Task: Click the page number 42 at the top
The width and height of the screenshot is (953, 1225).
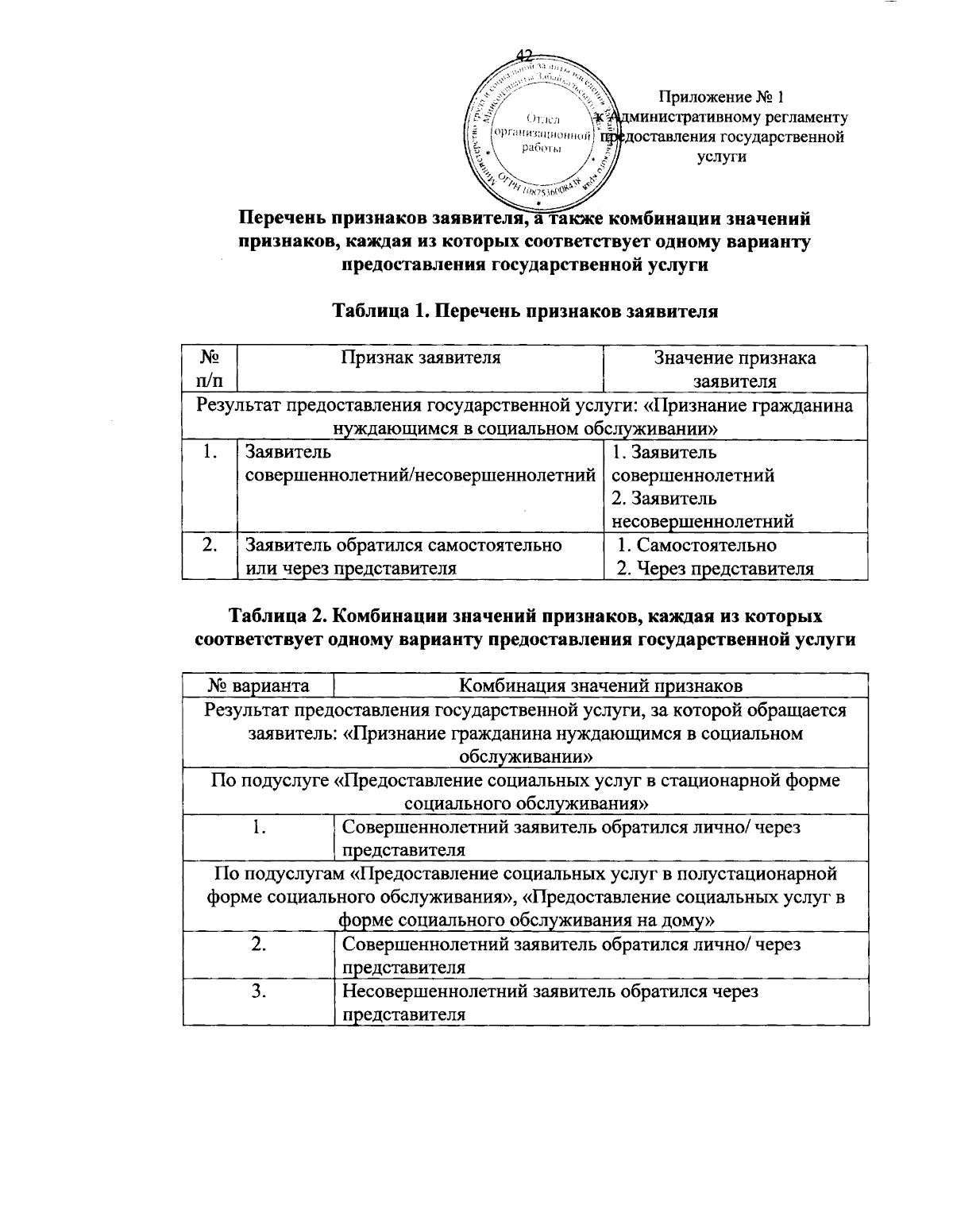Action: pyautogui.click(x=525, y=55)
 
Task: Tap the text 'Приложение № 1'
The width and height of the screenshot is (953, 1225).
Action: pyautogui.click(x=720, y=98)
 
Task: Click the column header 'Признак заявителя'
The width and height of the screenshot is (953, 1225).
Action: pyautogui.click(x=420, y=357)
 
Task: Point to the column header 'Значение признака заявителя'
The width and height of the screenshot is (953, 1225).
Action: pyautogui.click(x=735, y=369)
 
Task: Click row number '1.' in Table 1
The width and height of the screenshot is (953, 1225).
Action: pyautogui.click(x=210, y=454)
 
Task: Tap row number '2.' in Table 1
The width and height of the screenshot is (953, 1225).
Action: pyautogui.click(x=210, y=546)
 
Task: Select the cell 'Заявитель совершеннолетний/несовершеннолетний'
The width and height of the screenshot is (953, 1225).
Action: pyautogui.click(x=420, y=465)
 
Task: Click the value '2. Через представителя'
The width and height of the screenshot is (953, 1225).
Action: pyautogui.click(x=716, y=569)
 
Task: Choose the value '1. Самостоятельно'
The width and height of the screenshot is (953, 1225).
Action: pyautogui.click(x=696, y=546)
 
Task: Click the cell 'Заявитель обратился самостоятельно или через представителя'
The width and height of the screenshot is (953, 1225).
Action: pyautogui.click(x=404, y=557)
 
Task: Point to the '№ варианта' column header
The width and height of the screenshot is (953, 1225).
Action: pyautogui.click(x=259, y=685)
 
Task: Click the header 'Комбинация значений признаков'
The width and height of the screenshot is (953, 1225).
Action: pyautogui.click(x=602, y=685)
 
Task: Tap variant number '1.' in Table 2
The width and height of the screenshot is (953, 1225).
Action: pyautogui.click(x=259, y=827)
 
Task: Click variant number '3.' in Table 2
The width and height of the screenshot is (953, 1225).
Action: pyautogui.click(x=259, y=991)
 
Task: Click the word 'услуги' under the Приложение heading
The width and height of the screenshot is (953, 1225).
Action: pyautogui.click(x=720, y=157)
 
